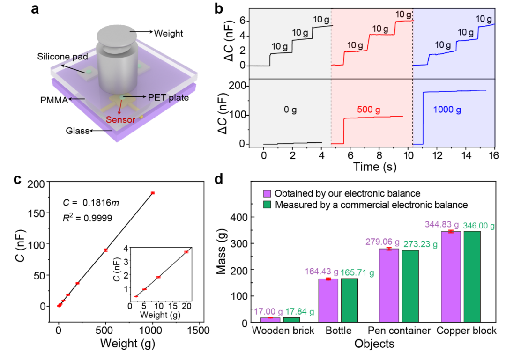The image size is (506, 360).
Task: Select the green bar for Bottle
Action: (x=349, y=300)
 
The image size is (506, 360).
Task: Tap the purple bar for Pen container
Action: (x=389, y=285)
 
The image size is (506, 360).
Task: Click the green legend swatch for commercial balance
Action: (x=268, y=205)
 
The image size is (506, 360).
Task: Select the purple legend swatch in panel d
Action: (x=268, y=194)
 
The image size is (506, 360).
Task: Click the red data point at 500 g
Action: (x=105, y=250)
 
